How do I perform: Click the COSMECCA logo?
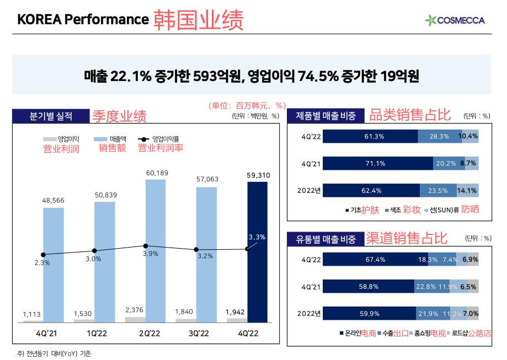(455, 20)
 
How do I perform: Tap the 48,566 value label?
(53, 201)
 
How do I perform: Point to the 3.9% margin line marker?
(146, 246)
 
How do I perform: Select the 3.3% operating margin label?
(257, 237)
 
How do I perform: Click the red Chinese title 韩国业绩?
(198, 20)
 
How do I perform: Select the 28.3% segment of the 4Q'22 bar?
(439, 137)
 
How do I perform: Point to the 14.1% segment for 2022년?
(467, 191)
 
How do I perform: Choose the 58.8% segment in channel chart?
(368, 287)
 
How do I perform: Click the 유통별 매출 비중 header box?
(325, 239)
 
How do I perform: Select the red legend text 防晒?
(471, 209)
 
